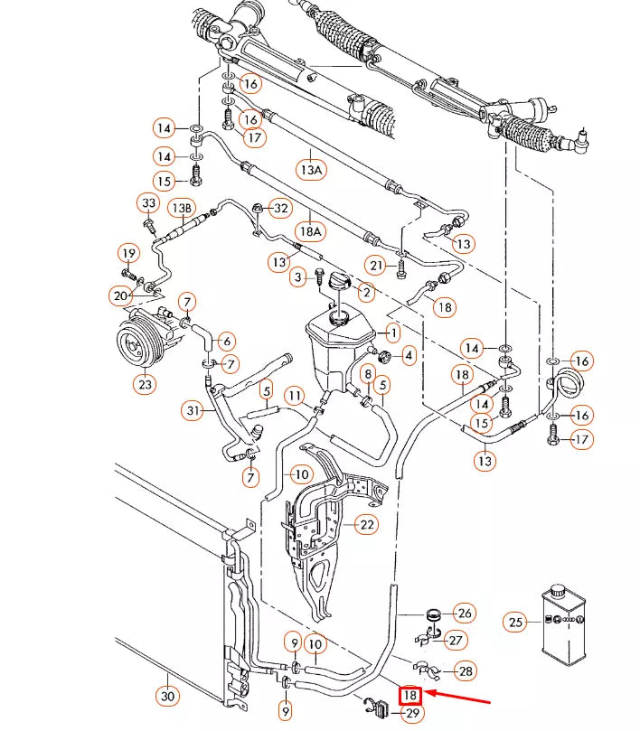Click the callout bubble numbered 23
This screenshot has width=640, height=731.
146,384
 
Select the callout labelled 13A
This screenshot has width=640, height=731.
310,169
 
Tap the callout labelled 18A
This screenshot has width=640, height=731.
310,231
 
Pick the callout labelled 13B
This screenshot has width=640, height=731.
182,209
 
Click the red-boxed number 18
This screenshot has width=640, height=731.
410,696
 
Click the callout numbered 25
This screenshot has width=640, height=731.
515,622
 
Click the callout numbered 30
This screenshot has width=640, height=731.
168,696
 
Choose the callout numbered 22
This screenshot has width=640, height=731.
366,524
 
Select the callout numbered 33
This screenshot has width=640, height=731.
148,202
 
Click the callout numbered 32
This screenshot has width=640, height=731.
281,209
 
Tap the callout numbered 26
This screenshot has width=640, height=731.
465,614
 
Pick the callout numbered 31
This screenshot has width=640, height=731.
192,411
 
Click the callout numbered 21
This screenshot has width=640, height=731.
377,264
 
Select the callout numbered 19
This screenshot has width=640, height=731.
128,253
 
